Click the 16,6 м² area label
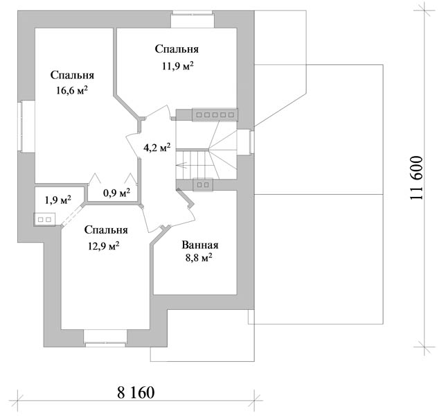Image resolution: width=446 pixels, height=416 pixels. click(x=72, y=91)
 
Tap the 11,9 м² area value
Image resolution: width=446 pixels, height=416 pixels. click(x=178, y=66)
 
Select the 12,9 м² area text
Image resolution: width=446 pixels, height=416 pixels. click(x=104, y=245)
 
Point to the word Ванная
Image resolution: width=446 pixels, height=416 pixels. click(x=200, y=245)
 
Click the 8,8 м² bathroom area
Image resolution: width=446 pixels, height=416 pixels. click(x=199, y=258)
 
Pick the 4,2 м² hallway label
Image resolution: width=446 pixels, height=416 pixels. click(x=157, y=148)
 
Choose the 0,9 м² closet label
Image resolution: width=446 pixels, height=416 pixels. click(x=116, y=193)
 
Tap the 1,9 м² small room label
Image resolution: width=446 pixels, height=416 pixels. click(x=58, y=200)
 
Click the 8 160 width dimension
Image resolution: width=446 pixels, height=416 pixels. click(x=136, y=392)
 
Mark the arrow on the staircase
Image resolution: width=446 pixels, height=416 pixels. click(x=181, y=165)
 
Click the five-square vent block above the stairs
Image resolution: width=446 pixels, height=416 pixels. click(x=215, y=115)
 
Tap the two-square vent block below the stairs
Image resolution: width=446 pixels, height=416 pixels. click(x=203, y=185)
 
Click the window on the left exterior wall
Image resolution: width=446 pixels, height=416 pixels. click(x=26, y=126)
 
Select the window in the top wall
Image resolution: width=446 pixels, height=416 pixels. click(x=193, y=19)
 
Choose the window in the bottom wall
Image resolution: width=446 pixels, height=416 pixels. click(x=105, y=338)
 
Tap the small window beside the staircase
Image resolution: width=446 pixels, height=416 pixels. click(x=245, y=142)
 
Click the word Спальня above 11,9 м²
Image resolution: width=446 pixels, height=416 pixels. click(x=177, y=49)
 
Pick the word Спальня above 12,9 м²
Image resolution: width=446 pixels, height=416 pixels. click(x=106, y=229)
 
